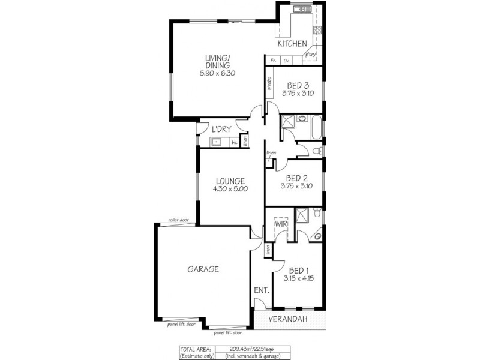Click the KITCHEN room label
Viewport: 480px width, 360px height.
tap(292, 44)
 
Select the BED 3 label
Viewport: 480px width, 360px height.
tap(294, 85)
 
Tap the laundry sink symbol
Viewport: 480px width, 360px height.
tap(217, 142)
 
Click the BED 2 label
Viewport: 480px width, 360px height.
tap(296, 178)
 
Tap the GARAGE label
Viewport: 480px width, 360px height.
tap(202, 269)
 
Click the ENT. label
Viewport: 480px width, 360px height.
tap(261, 291)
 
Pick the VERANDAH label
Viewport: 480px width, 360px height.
tap(287, 319)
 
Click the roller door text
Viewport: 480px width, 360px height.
tap(178, 220)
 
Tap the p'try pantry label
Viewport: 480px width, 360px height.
tap(310, 55)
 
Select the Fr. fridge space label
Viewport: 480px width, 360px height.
tap(273, 61)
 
